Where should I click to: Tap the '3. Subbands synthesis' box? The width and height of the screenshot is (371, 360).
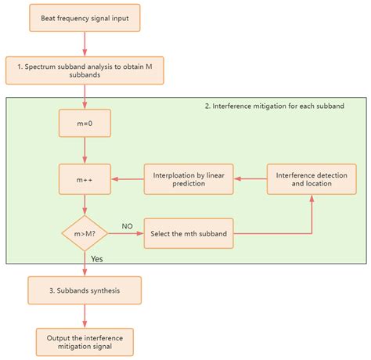pos(85,290)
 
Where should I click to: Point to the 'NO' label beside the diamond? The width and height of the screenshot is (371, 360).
pos(127,226)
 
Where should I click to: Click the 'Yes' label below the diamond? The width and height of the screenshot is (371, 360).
pos(97,257)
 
